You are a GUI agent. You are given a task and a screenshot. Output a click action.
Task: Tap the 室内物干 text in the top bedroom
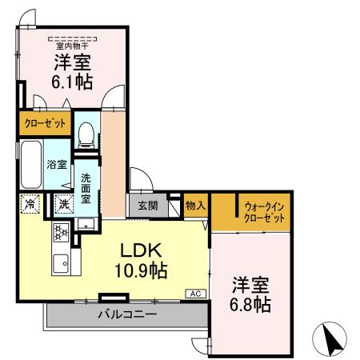point(71,36)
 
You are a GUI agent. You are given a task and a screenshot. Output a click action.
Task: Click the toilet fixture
point(87,130)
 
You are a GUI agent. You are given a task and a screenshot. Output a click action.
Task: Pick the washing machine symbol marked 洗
point(62,205)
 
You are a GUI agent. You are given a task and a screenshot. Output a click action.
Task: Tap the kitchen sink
point(60,262)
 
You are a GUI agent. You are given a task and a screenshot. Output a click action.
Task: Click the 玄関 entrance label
point(146,205)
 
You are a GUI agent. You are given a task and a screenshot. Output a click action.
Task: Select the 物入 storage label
point(195,205)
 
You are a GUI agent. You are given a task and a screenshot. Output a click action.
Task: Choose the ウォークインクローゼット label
point(265,211)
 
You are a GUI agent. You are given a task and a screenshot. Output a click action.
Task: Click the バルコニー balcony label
point(127,314)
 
